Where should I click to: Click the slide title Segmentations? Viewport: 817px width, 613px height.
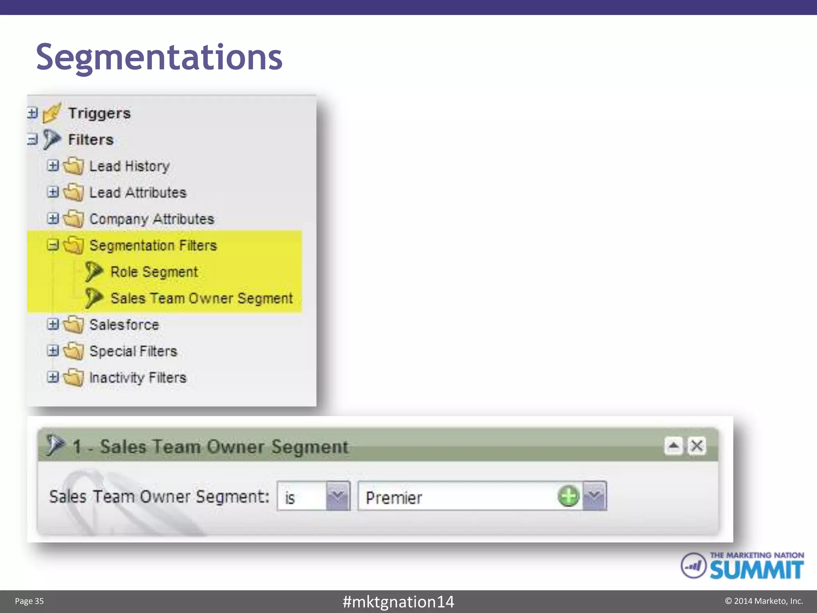pos(159,57)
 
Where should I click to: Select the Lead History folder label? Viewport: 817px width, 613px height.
pos(130,166)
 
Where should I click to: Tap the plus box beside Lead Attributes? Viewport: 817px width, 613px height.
pos(53,192)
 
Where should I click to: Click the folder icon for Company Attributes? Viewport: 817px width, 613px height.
pos(74,219)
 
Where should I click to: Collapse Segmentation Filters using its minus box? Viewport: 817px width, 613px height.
pos(53,245)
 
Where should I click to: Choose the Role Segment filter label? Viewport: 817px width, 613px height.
pos(154,272)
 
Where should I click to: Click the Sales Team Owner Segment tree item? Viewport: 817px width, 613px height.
pos(201,298)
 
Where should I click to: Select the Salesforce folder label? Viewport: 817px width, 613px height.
pos(124,324)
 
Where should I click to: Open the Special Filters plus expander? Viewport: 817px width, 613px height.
pos(53,350)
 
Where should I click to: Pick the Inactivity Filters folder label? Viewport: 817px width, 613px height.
pos(138,377)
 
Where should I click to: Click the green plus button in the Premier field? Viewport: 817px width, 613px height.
pos(568,496)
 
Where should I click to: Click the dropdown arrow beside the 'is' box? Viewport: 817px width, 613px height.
pos(338,496)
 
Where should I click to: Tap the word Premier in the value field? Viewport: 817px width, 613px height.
pos(394,498)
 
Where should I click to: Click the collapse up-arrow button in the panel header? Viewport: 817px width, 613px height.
pos(674,446)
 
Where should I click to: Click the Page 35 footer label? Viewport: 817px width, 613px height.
pos(29,601)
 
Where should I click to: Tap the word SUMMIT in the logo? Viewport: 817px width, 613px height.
pos(756,570)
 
